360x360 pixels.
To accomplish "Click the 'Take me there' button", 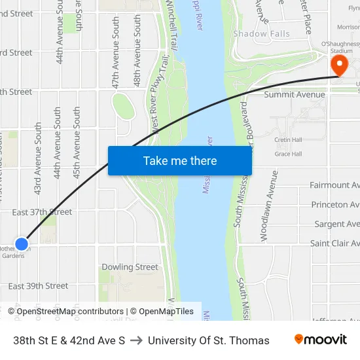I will coord(180,160).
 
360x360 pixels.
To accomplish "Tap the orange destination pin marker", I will coord(340,65).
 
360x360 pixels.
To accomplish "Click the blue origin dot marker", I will coord(22,243).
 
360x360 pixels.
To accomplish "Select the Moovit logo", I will coord(320,340).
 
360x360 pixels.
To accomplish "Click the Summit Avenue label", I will coord(294,95).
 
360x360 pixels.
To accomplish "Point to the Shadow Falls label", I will coord(261,33).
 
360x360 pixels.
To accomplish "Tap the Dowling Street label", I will coord(130,267).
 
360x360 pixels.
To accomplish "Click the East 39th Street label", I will coord(38,286).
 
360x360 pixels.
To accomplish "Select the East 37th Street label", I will coord(42,212).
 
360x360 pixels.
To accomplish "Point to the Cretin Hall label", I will coord(288,139).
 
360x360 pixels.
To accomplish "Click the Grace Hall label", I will coord(288,154).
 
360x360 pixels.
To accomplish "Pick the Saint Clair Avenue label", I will coord(334,243).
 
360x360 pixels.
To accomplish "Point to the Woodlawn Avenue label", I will coord(269,206).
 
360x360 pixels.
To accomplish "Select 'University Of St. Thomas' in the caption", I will coord(209,340).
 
